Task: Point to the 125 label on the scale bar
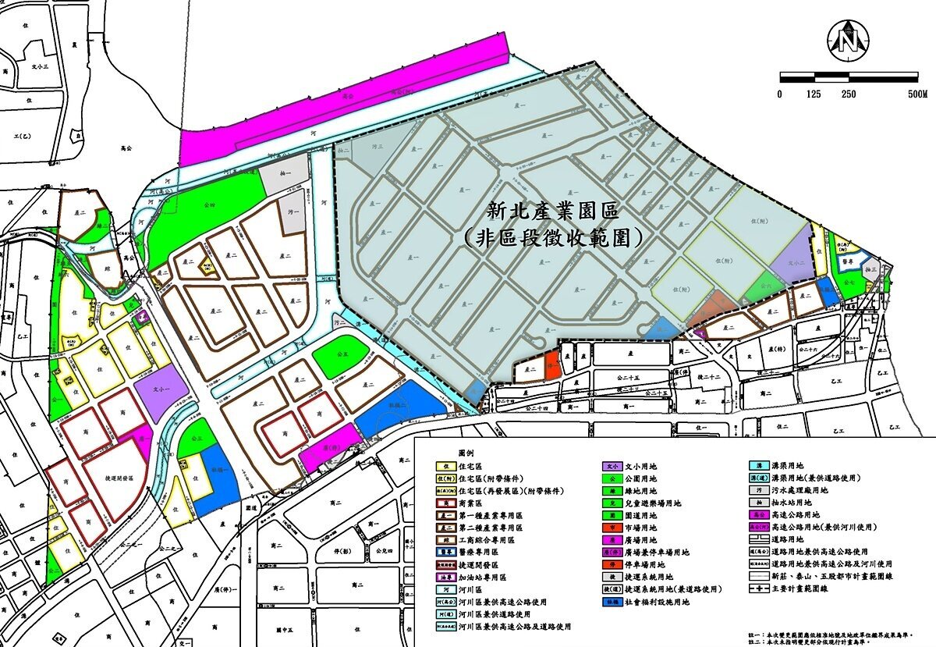813,94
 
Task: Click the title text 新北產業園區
552,211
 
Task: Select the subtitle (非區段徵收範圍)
552,236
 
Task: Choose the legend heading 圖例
466,453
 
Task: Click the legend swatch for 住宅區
443,466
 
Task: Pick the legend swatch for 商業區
443,503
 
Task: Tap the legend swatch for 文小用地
612,466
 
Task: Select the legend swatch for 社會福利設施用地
612,602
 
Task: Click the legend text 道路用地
789,539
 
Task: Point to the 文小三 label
40,67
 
